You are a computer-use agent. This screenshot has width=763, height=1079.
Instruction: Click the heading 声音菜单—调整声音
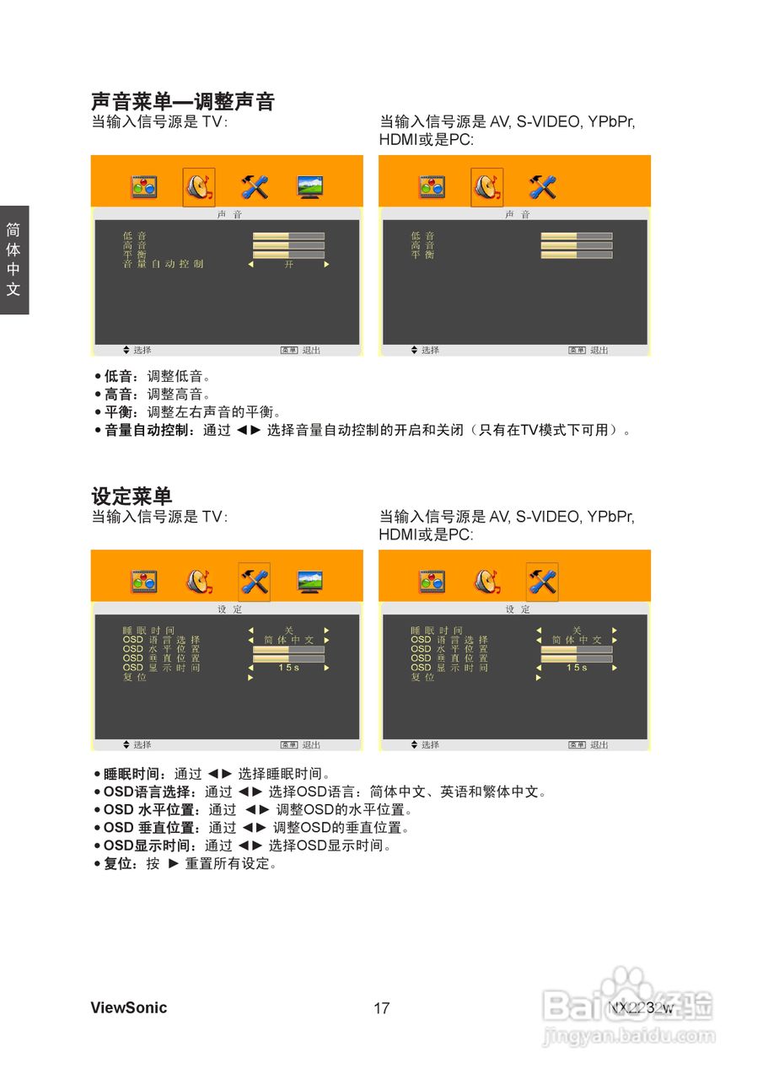point(183,102)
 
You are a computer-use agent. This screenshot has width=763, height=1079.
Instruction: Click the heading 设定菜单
point(132,497)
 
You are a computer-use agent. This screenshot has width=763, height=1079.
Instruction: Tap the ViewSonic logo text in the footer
point(128,1007)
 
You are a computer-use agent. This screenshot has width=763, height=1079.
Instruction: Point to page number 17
point(381,1008)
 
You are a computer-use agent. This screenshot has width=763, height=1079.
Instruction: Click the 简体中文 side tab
point(13,260)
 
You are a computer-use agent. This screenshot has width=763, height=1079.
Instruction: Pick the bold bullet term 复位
point(116,864)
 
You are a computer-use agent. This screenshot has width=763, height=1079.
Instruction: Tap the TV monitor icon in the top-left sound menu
point(310,186)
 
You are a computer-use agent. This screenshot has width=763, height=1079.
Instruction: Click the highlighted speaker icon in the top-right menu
point(486,186)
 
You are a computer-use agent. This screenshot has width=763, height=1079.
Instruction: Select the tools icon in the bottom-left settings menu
point(254,582)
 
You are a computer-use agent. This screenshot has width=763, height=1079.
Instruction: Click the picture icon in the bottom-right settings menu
point(432,582)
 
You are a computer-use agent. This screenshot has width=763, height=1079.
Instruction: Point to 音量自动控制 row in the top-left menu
point(163,264)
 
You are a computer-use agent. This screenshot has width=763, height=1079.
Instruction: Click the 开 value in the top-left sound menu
point(288,264)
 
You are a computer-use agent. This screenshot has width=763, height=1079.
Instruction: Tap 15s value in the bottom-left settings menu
point(288,668)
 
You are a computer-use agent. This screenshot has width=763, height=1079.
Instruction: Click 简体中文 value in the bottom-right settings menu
point(577,640)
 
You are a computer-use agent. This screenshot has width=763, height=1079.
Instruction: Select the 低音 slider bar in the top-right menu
point(577,236)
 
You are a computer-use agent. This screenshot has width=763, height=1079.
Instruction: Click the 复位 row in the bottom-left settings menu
point(135,677)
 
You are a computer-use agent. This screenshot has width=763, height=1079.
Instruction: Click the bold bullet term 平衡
point(118,412)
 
